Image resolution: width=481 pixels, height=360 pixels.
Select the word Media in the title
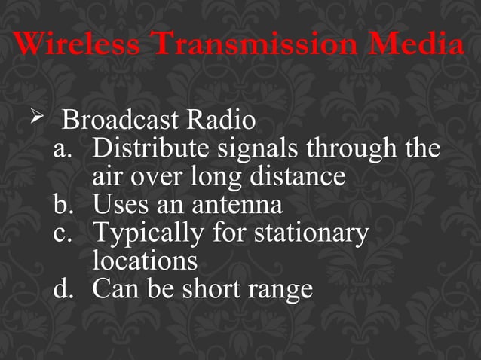pos(426,45)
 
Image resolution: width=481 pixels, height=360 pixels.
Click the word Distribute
pos(151,148)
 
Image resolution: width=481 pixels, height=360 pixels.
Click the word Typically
pos(147,233)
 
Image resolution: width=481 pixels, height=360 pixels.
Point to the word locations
pos(145,261)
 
